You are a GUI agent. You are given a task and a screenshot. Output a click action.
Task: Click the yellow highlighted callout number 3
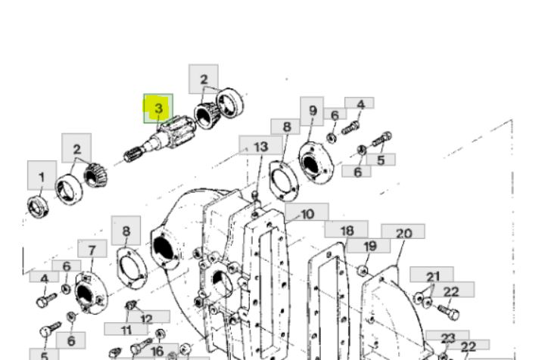tap(158, 108)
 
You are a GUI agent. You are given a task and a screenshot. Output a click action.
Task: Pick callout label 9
tap(312, 111)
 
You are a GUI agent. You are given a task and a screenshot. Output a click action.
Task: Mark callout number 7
tap(92, 249)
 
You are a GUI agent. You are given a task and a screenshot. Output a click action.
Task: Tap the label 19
tap(369, 246)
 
